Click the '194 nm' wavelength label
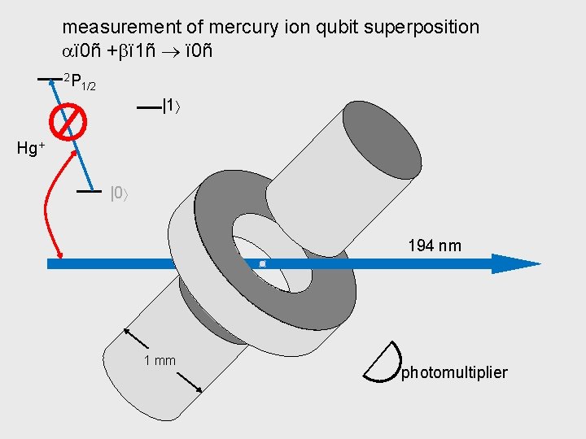coord(434,245)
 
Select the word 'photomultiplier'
coord(454,372)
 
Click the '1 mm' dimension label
coord(160,360)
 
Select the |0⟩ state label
coord(120,193)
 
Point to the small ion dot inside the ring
coord(262,264)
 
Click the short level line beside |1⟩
coord(148,106)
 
